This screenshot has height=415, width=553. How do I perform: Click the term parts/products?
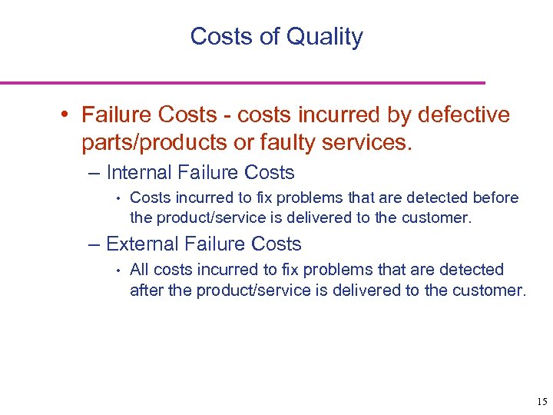[x=153, y=142]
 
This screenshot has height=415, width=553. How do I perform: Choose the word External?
[x=142, y=244]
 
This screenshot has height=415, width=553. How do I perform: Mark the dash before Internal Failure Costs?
[x=94, y=174]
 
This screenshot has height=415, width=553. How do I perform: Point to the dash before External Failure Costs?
[x=94, y=245]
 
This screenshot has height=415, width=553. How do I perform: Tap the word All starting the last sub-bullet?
[x=140, y=270]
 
